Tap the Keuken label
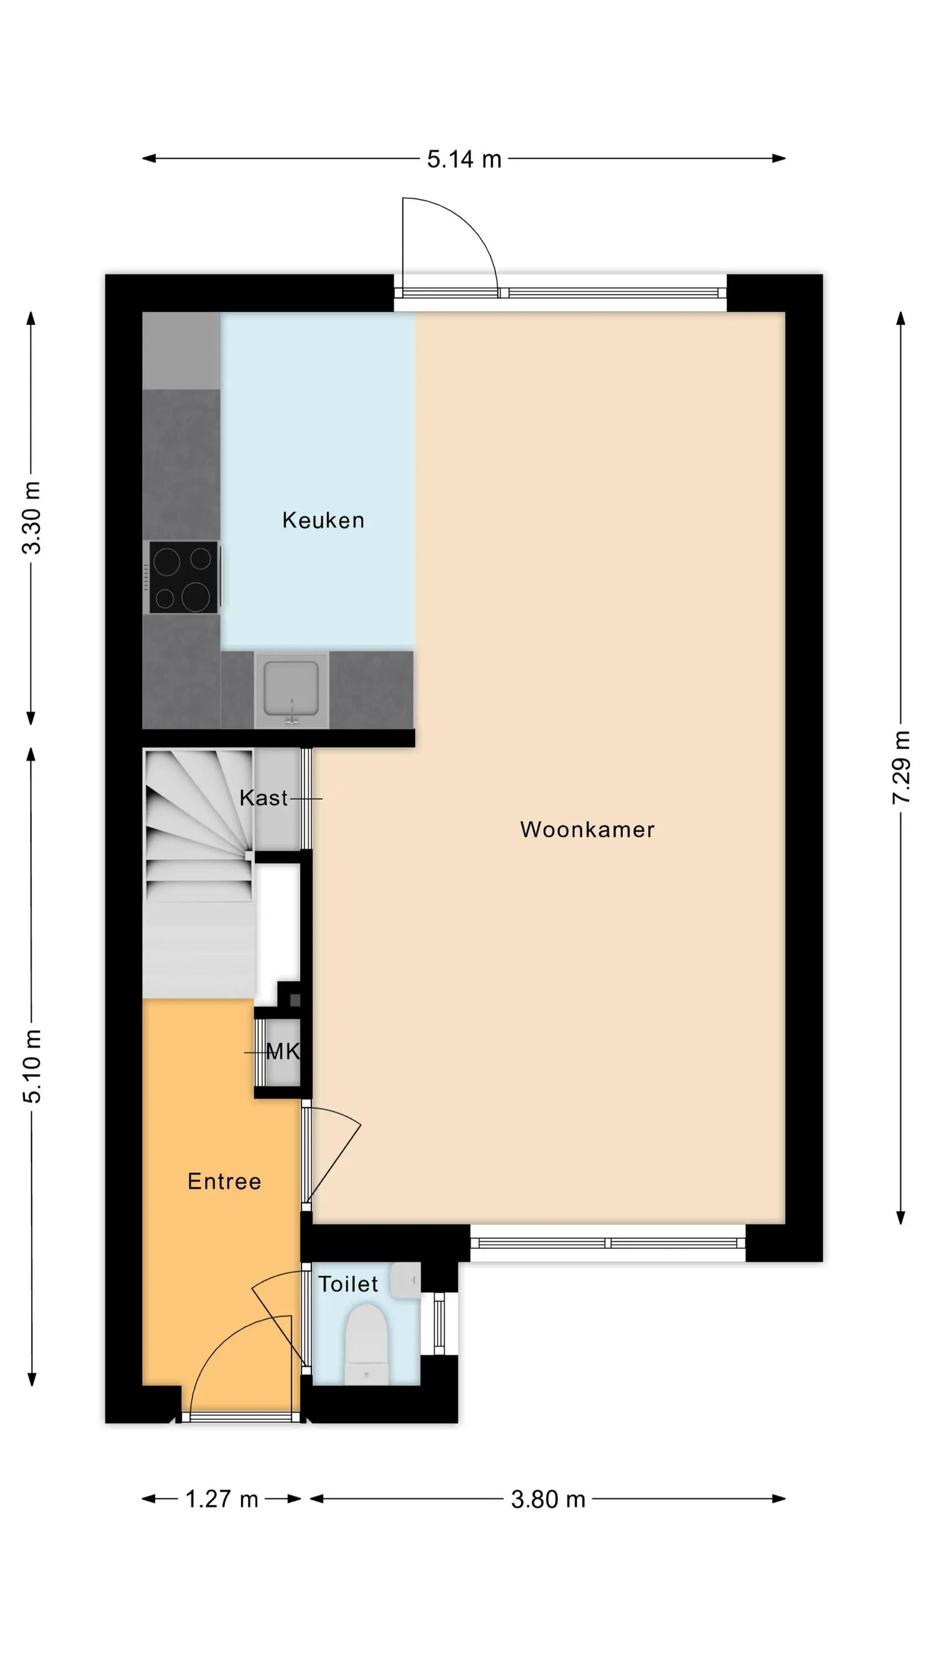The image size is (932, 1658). pos(323,520)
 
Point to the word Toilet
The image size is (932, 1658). pos(348,1284)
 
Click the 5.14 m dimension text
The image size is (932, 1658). pos(464,159)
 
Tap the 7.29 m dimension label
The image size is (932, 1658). pos(901,767)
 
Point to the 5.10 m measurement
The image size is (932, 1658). pos(31,1066)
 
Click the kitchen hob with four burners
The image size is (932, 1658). pos(184,578)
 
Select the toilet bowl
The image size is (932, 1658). pos(367,1344)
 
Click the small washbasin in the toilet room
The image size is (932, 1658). pos(405,1281)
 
